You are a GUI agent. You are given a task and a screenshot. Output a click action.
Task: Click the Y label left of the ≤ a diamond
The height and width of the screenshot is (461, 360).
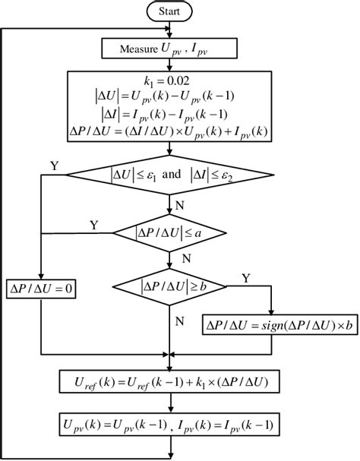(94, 225)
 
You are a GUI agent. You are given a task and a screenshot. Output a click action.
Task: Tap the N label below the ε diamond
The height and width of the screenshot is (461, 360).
(180, 206)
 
